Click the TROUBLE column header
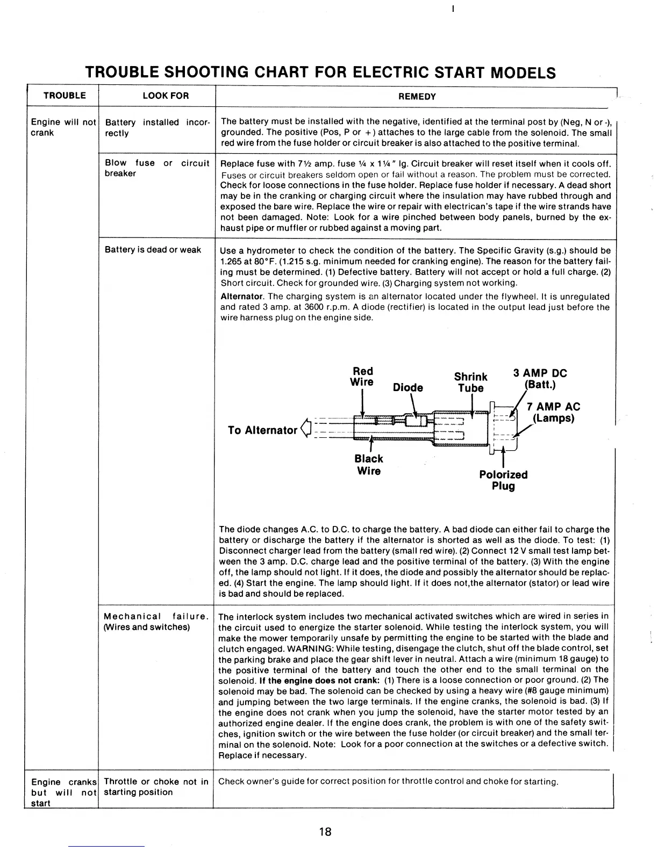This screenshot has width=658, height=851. coord(65,96)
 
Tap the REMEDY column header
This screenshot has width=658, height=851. coord(417,96)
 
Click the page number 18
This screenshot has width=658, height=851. coord(325,832)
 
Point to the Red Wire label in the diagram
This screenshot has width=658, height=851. coord(362,377)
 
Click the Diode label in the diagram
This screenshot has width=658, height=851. coord(408,387)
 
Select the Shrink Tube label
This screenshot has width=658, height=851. coord(470,382)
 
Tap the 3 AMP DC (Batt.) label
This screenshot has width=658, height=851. coord(540,379)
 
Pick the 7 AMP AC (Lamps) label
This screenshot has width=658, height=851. coord(553,412)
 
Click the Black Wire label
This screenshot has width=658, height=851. coord(369,465)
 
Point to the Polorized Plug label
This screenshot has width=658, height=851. coord(503,480)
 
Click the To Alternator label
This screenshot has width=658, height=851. coord(262,430)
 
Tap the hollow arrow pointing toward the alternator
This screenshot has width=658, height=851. coord(307,428)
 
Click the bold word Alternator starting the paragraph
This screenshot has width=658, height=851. coord(242,297)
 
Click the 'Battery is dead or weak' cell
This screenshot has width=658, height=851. coord(153,249)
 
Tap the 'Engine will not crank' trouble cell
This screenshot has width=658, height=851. coord(63,127)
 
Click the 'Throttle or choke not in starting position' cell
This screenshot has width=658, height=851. coord(156,787)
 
